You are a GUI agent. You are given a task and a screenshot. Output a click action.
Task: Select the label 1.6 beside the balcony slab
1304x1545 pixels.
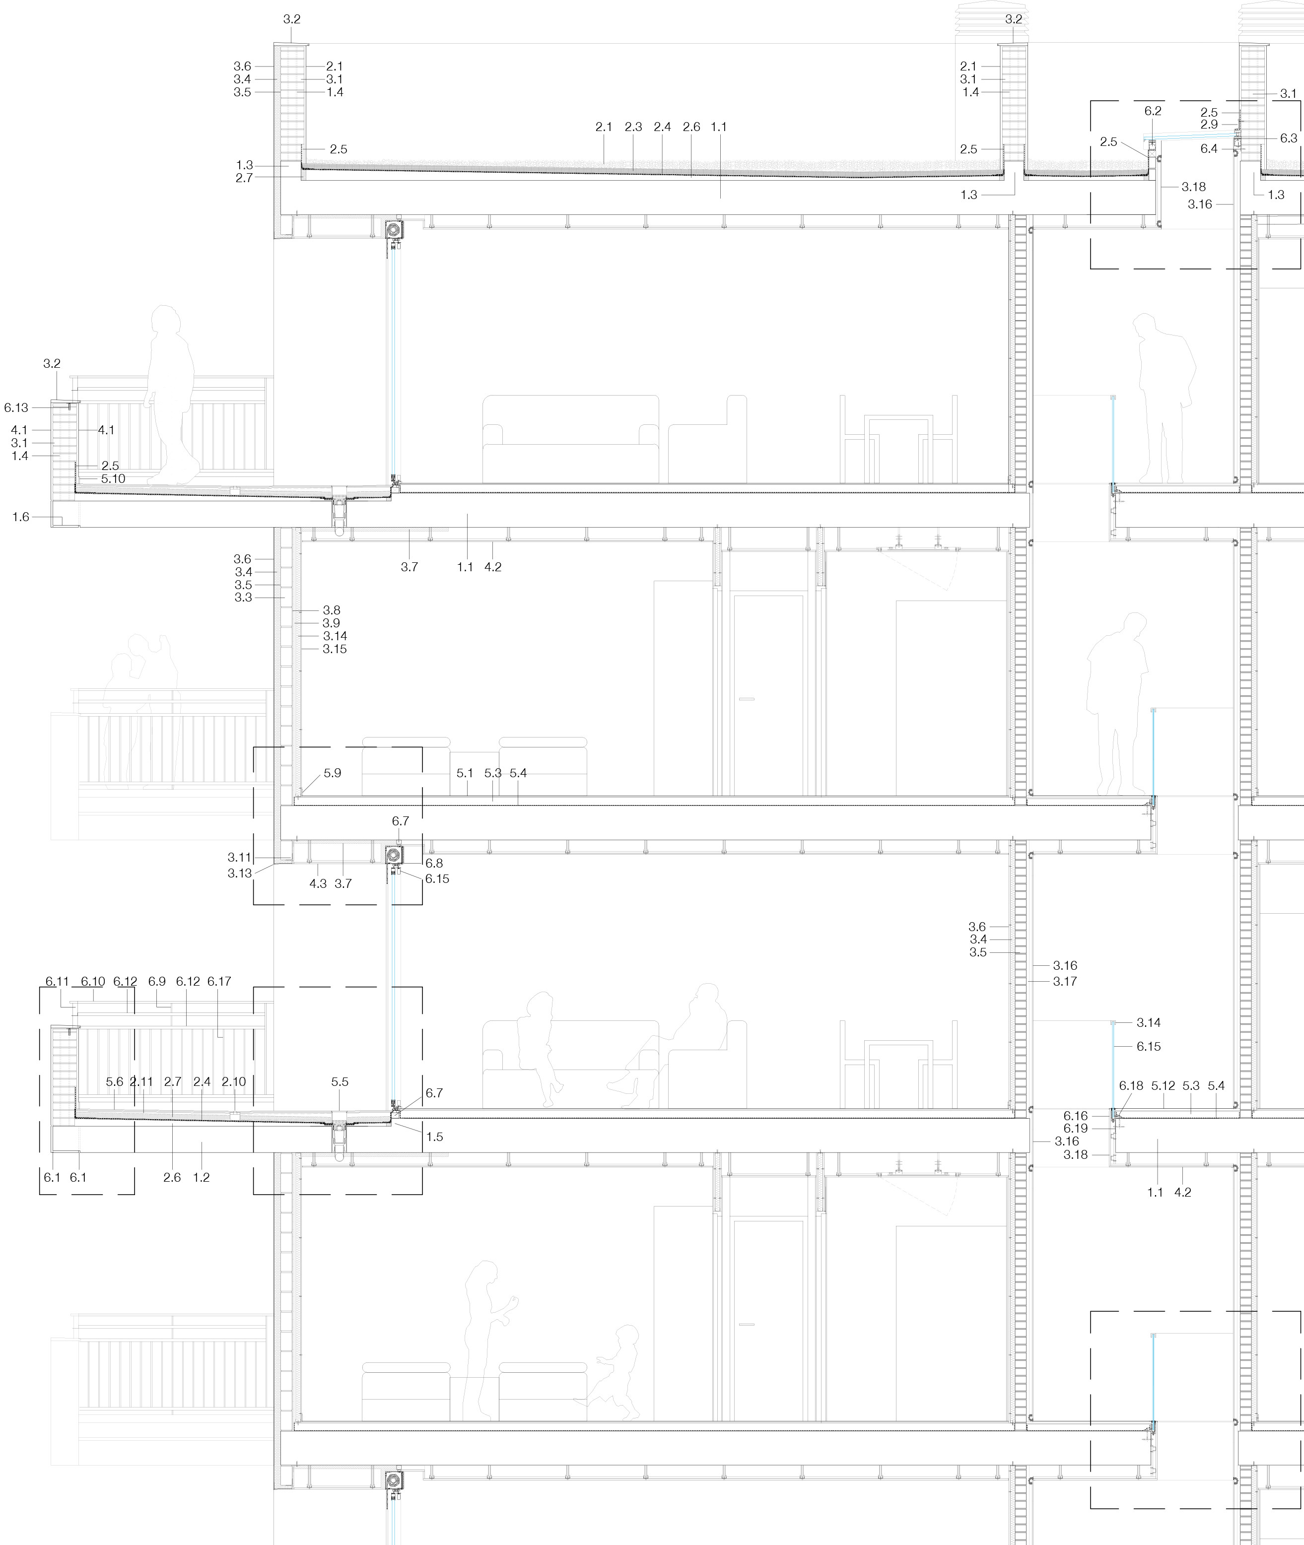21,517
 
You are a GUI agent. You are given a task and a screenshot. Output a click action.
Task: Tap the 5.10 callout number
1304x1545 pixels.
113,479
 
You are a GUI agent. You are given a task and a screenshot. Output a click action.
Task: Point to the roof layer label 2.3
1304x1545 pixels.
633,127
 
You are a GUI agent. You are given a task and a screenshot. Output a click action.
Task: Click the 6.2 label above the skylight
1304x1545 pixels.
1153,111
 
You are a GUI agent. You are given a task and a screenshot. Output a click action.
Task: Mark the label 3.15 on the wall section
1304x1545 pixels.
335,649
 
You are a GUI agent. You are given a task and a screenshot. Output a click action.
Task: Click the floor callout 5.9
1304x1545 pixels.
333,773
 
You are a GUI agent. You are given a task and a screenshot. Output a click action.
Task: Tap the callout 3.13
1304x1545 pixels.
240,873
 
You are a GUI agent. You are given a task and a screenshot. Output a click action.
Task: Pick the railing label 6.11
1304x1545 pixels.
57,982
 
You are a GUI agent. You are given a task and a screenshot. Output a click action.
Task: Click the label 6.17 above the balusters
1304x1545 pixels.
219,982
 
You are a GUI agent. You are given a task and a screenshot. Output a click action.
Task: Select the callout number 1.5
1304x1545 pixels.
435,1137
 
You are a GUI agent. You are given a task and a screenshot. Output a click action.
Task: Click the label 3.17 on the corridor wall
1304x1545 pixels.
1065,982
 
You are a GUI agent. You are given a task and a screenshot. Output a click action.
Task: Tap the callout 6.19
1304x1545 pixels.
1076,1129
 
